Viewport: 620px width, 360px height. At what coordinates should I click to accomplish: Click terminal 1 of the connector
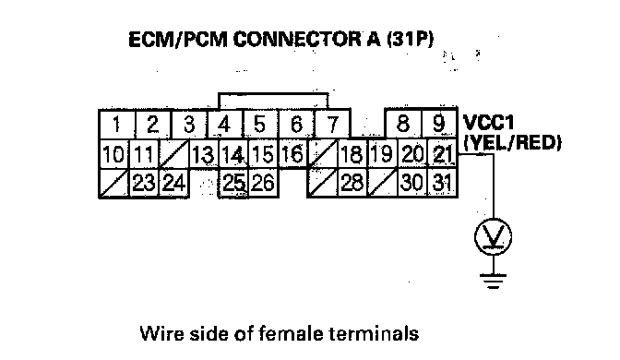click(117, 125)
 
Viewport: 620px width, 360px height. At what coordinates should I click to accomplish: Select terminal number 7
click(332, 125)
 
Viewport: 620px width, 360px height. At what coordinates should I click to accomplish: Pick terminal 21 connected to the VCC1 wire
click(443, 154)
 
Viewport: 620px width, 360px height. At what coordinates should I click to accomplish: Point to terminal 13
click(204, 154)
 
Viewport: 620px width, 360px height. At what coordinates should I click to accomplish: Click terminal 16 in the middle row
click(293, 154)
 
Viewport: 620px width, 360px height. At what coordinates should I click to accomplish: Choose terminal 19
click(382, 154)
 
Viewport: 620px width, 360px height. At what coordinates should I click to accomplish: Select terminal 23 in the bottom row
click(144, 183)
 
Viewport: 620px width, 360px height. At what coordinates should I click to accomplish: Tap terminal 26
click(263, 183)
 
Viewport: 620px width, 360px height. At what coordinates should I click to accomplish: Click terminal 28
click(352, 183)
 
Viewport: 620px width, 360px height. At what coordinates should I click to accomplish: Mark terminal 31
click(443, 183)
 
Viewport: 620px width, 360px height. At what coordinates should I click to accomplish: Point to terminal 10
click(114, 154)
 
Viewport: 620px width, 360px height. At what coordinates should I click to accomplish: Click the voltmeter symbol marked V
click(493, 237)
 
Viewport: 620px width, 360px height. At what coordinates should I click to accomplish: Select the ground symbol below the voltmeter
click(493, 281)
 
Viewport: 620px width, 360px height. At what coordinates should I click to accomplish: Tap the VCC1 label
click(488, 122)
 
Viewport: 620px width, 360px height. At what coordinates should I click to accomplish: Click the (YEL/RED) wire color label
click(512, 143)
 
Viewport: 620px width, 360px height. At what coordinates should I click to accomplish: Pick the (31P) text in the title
click(410, 40)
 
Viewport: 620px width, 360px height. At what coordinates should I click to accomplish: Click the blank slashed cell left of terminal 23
click(114, 183)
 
